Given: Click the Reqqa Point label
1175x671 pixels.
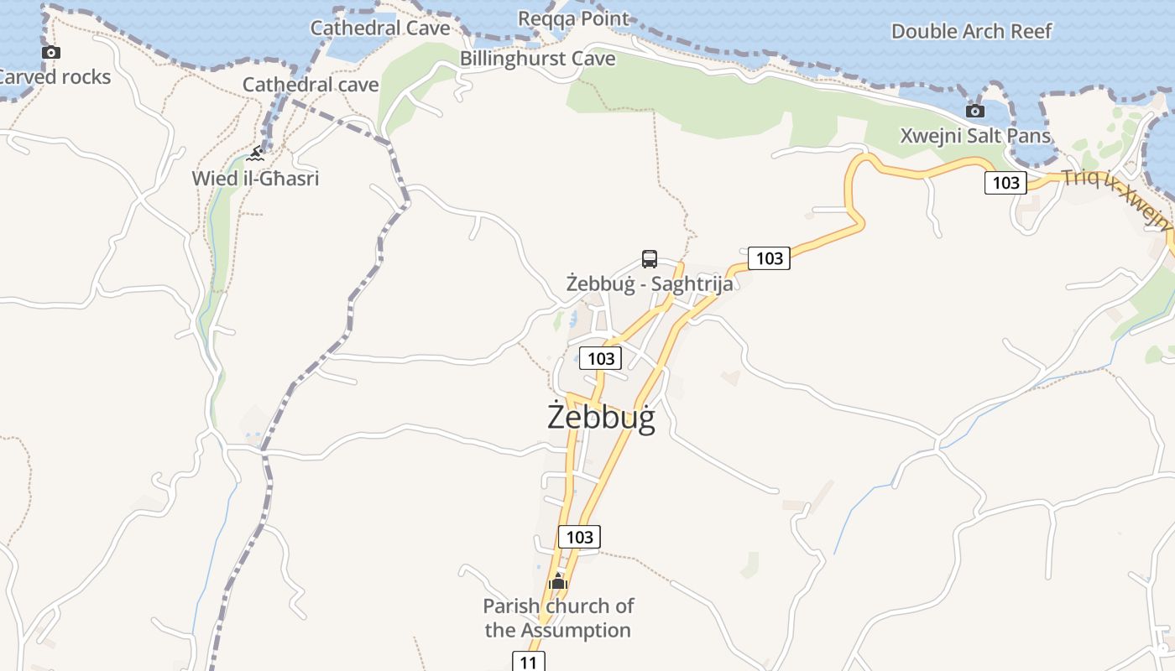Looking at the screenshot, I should pyautogui.click(x=573, y=18).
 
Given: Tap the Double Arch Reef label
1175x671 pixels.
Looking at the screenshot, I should pyautogui.click(x=971, y=31).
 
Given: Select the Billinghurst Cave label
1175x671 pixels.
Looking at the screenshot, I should pyautogui.click(x=537, y=59).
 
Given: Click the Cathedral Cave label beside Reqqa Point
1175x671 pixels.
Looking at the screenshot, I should pyautogui.click(x=380, y=28).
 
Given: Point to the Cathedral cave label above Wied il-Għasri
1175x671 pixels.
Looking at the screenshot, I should pyautogui.click(x=311, y=85).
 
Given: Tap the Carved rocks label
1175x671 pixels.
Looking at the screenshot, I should pyautogui.click(x=55, y=77).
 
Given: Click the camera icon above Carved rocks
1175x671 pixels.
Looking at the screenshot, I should pyautogui.click(x=51, y=53).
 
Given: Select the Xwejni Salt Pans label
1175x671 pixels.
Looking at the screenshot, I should pyautogui.click(x=975, y=136).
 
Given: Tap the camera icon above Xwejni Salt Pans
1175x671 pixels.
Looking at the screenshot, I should pyautogui.click(x=974, y=111).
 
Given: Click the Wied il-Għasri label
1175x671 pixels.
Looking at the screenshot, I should pyautogui.click(x=255, y=179).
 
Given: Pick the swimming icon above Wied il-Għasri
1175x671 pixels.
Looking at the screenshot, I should pyautogui.click(x=256, y=153).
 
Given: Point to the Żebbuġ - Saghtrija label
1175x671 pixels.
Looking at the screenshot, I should pyautogui.click(x=649, y=283).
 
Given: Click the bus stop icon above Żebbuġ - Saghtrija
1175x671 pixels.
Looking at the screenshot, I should pyautogui.click(x=649, y=258).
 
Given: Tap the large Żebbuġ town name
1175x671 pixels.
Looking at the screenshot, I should pyautogui.click(x=601, y=417).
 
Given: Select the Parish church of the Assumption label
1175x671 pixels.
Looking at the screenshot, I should pyautogui.click(x=558, y=617).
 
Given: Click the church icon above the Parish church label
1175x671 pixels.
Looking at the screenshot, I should pyautogui.click(x=558, y=580).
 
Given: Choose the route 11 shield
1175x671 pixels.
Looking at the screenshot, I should pyautogui.click(x=528, y=662).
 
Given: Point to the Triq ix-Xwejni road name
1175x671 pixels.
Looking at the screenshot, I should pyautogui.click(x=1116, y=200).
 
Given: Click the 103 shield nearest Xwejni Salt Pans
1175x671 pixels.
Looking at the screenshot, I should pyautogui.click(x=1005, y=182).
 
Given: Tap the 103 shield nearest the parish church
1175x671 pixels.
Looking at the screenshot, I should pyautogui.click(x=579, y=537).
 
